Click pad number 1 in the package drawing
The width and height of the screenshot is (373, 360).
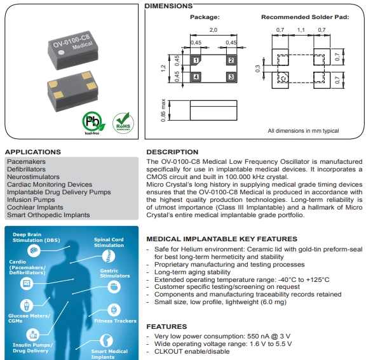coord(196,60)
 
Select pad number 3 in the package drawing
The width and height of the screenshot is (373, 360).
coord(231,77)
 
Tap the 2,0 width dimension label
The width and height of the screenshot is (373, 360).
coord(214,30)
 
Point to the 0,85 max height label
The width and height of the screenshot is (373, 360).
coord(163,110)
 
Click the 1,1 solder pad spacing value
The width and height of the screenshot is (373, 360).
coord(301,30)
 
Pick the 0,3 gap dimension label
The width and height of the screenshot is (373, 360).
coord(257,69)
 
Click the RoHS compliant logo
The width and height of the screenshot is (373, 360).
coord(123,123)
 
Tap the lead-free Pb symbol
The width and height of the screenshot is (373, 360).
coord(93,123)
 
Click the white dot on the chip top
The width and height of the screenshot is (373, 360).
coord(62,53)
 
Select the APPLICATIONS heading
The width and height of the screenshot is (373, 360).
coord(33,152)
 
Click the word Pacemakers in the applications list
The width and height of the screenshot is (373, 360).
coord(26,161)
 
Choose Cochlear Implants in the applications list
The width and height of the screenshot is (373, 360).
coord(35,207)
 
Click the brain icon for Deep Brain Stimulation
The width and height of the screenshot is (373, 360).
coord(34,250)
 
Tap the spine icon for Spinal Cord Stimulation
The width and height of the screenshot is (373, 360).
coord(109,257)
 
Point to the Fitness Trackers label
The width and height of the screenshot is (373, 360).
coord(115,321)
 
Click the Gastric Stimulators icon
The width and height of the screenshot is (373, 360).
coord(114,287)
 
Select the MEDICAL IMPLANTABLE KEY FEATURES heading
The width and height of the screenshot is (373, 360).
coord(222,239)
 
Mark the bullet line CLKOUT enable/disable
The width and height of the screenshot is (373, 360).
coord(192,352)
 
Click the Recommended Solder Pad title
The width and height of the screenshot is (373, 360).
coord(305,17)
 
